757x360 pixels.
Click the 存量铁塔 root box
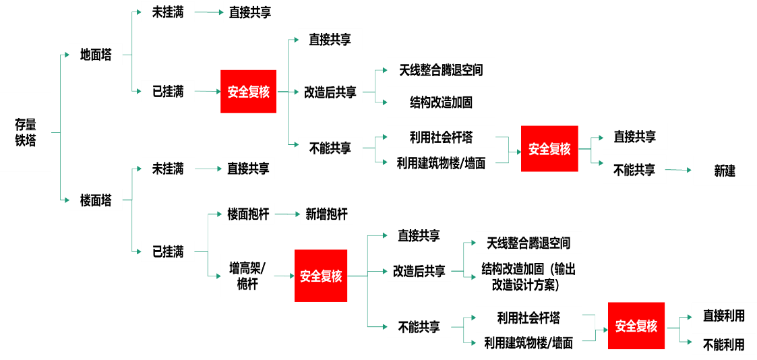26,132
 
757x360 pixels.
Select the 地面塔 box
96,55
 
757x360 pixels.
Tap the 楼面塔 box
96,200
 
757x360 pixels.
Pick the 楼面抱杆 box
248,214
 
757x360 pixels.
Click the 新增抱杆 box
326,214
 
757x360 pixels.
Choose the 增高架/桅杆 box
248,276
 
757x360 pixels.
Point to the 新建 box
725,171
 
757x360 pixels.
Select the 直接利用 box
724,316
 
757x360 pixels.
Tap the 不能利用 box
724,344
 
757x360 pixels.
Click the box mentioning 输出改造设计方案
528,276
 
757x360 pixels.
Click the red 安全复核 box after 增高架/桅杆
321,276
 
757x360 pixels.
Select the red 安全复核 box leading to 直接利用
636,326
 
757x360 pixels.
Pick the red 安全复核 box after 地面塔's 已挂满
248,92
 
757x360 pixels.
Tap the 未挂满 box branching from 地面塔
168,11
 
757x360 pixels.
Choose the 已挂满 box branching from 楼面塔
168,251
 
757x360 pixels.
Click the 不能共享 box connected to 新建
634,171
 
